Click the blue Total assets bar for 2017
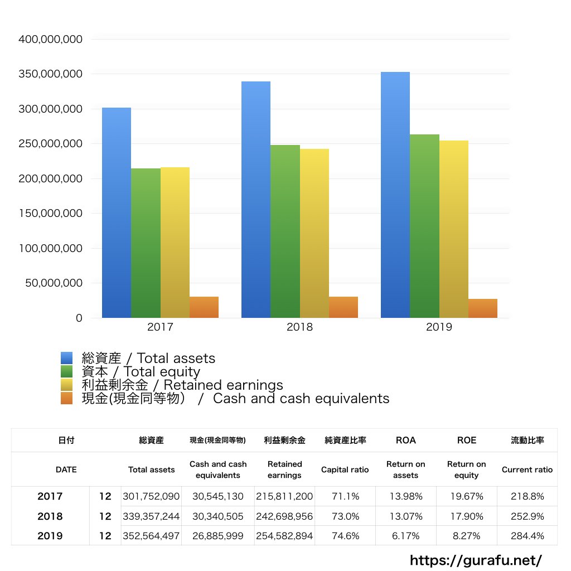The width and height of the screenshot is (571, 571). [117, 212]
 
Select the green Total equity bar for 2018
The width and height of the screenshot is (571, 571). [285, 231]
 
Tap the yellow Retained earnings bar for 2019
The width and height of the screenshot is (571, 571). [453, 229]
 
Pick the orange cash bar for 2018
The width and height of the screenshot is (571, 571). [343, 307]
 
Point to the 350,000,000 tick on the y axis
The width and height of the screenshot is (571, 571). [51, 74]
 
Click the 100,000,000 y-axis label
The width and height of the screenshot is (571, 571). [51, 248]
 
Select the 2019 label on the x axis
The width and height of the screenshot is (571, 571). [439, 327]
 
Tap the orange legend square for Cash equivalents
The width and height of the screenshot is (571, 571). [67, 399]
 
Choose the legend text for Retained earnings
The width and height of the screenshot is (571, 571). [182, 385]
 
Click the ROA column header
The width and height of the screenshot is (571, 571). [405, 440]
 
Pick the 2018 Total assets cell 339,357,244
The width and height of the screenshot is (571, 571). [152, 516]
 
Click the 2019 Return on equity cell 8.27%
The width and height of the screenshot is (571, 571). [466, 536]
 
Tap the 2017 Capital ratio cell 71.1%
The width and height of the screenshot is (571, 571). [345, 496]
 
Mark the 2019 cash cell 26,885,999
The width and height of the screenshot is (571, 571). [217, 536]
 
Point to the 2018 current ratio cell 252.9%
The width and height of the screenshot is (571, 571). [527, 516]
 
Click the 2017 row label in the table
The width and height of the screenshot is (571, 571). [50, 496]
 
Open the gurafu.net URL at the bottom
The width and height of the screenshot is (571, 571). [476, 560]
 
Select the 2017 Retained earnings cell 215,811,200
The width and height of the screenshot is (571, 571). [284, 496]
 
